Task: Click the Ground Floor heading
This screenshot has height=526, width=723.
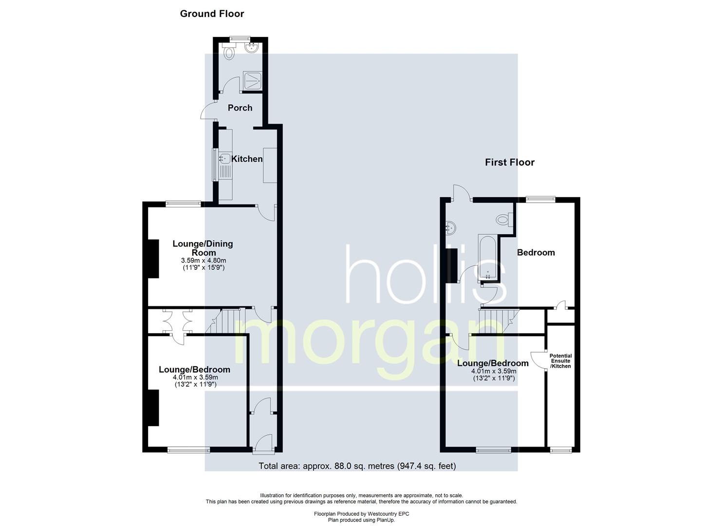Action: pos(212,14)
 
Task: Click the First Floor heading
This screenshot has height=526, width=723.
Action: pos(510,162)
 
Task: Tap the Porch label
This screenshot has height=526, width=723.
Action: pos(240,108)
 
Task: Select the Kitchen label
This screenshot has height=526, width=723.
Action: pos(247,159)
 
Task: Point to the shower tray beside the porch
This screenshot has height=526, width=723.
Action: pos(252,81)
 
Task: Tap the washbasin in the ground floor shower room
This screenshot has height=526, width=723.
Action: pos(251,48)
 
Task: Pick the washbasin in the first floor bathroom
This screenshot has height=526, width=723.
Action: pos(450,228)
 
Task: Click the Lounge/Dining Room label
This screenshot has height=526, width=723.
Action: pos(203,248)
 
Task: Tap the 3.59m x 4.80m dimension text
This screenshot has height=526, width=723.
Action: pos(204,260)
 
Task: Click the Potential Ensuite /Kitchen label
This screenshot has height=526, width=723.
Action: pos(561,361)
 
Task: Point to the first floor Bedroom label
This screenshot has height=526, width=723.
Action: pos(536,252)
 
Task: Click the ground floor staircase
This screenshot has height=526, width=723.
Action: pos(225,321)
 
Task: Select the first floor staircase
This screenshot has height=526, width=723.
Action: pos(499,321)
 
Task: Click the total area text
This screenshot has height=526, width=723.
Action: pos(357,466)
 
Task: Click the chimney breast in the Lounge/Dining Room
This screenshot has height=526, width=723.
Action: pos(153,259)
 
